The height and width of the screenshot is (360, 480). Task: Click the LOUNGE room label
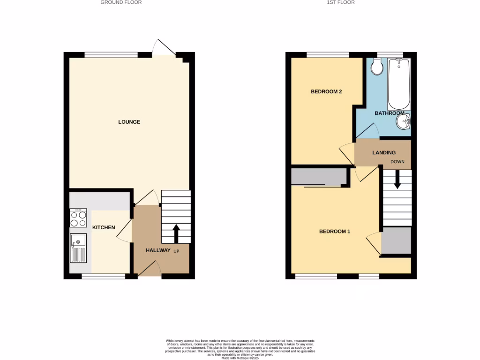129,122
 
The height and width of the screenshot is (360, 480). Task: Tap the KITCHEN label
104,227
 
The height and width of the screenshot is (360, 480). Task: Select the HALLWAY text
158,250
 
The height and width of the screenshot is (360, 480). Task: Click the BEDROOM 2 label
326,91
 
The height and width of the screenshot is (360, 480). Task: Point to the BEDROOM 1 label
335,231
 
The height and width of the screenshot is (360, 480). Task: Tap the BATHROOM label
389,113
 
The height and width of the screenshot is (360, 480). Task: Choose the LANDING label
384,152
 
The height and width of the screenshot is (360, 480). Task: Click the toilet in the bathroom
376,67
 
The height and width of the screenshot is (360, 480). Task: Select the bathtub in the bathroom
399,83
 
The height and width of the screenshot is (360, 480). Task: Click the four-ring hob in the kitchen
78,218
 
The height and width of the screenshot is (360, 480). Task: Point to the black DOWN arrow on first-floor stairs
397,180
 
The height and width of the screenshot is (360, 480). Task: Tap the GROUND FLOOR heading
121,2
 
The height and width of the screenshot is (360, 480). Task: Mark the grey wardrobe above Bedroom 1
319,177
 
